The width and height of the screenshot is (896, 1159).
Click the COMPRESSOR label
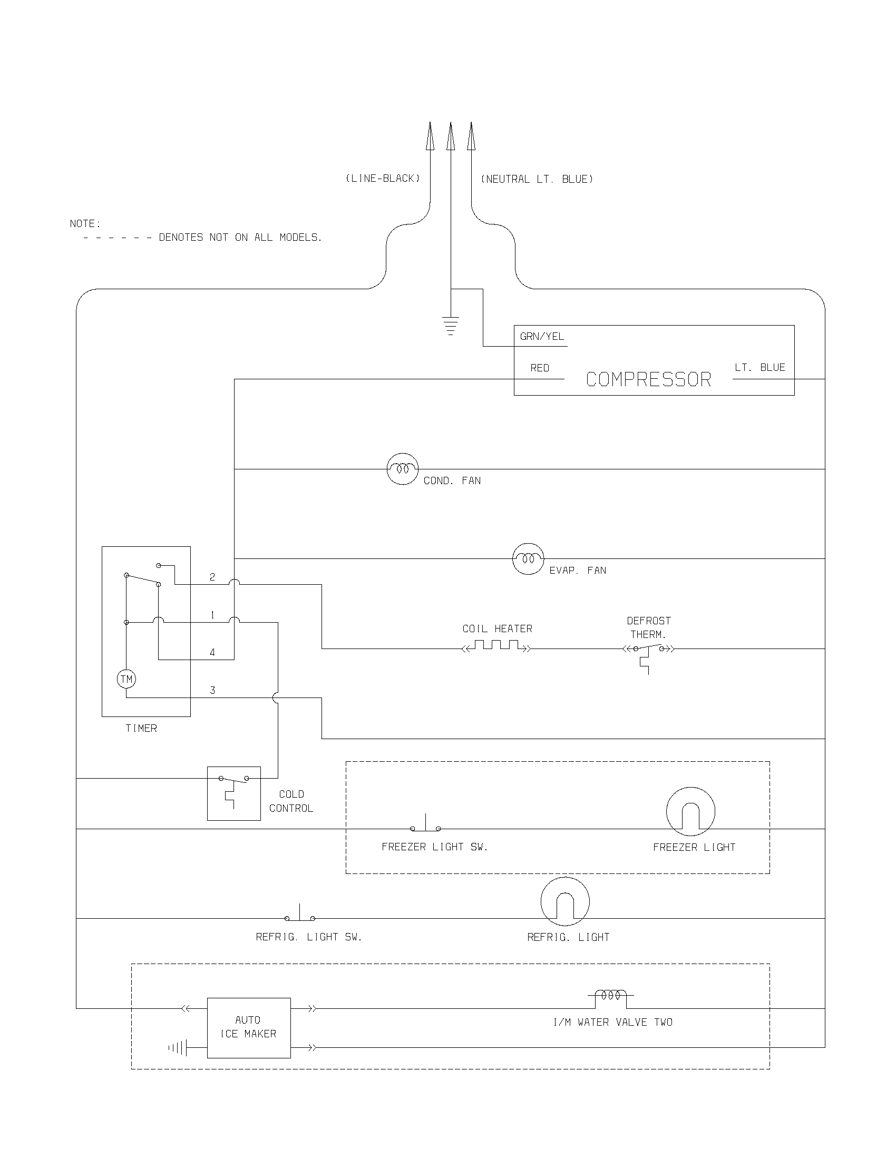click(x=648, y=380)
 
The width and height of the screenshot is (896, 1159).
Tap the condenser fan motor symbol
click(x=402, y=469)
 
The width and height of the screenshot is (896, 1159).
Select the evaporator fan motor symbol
click(x=528, y=559)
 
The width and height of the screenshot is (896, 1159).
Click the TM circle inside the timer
click(x=126, y=679)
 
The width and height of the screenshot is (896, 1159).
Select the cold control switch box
click(x=233, y=793)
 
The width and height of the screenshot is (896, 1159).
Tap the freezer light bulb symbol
click(x=690, y=811)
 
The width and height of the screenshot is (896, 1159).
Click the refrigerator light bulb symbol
click(x=565, y=901)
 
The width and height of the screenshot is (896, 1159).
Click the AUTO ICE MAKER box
click(x=248, y=1028)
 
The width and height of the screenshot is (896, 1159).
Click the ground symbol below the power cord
click(x=451, y=326)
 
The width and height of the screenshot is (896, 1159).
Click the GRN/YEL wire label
click(x=541, y=337)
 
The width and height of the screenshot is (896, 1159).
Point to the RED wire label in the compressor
click(x=539, y=368)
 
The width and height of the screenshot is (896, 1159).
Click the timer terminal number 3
click(x=212, y=691)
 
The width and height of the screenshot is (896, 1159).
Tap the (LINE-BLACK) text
click(x=383, y=179)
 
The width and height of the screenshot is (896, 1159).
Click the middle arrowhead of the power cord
click(x=451, y=137)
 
